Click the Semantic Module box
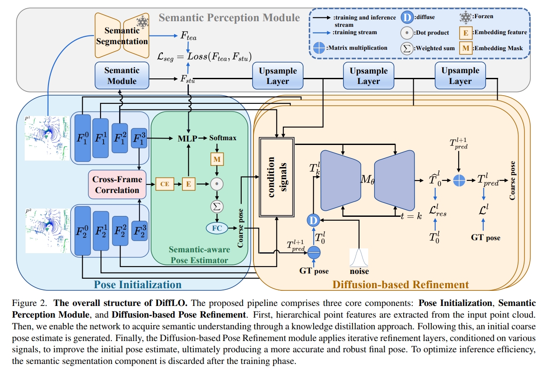tap(122, 76)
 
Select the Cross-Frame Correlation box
tap(117, 185)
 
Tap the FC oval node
tap(217, 228)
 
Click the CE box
tap(165, 184)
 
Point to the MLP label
tap(188, 138)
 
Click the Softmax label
tap(223, 138)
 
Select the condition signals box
tap(276, 177)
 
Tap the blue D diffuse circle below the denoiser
tap(313, 220)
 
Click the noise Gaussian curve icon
tap(359, 258)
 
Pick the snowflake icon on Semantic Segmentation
tap(143, 22)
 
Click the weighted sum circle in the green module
tap(217, 207)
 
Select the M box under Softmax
tap(217, 159)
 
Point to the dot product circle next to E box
tap(217, 184)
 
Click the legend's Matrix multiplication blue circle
tap(319, 48)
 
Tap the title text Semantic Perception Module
tap(229, 18)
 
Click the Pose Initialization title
tap(137, 285)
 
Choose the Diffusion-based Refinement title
tap(400, 285)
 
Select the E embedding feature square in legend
tap(466, 33)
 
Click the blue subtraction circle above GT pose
tap(314, 253)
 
